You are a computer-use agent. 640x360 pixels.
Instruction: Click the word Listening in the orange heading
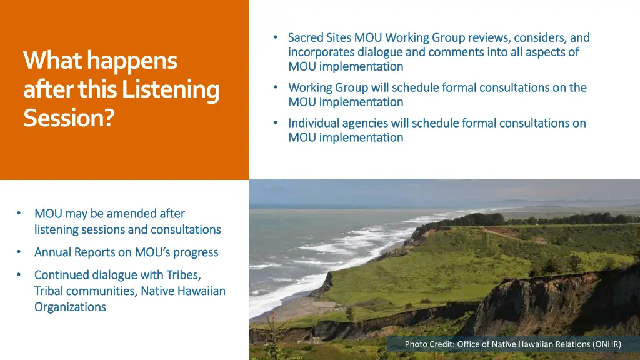tap(170, 89)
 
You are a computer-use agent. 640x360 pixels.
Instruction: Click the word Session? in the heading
tap(69, 117)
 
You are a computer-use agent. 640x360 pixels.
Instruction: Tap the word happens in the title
tap(132, 61)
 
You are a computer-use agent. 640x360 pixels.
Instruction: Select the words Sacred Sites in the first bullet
tap(319, 37)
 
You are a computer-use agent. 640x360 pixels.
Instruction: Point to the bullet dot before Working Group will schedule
tap(276, 87)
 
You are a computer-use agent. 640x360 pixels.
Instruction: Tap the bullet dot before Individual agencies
tap(276, 123)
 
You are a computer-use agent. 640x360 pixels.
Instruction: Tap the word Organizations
tap(70, 307)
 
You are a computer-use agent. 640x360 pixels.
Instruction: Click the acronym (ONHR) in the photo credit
tap(606, 344)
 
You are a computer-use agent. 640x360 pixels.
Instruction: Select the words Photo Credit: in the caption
tap(429, 344)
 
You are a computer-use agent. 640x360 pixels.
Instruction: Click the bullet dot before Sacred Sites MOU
tap(276, 37)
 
